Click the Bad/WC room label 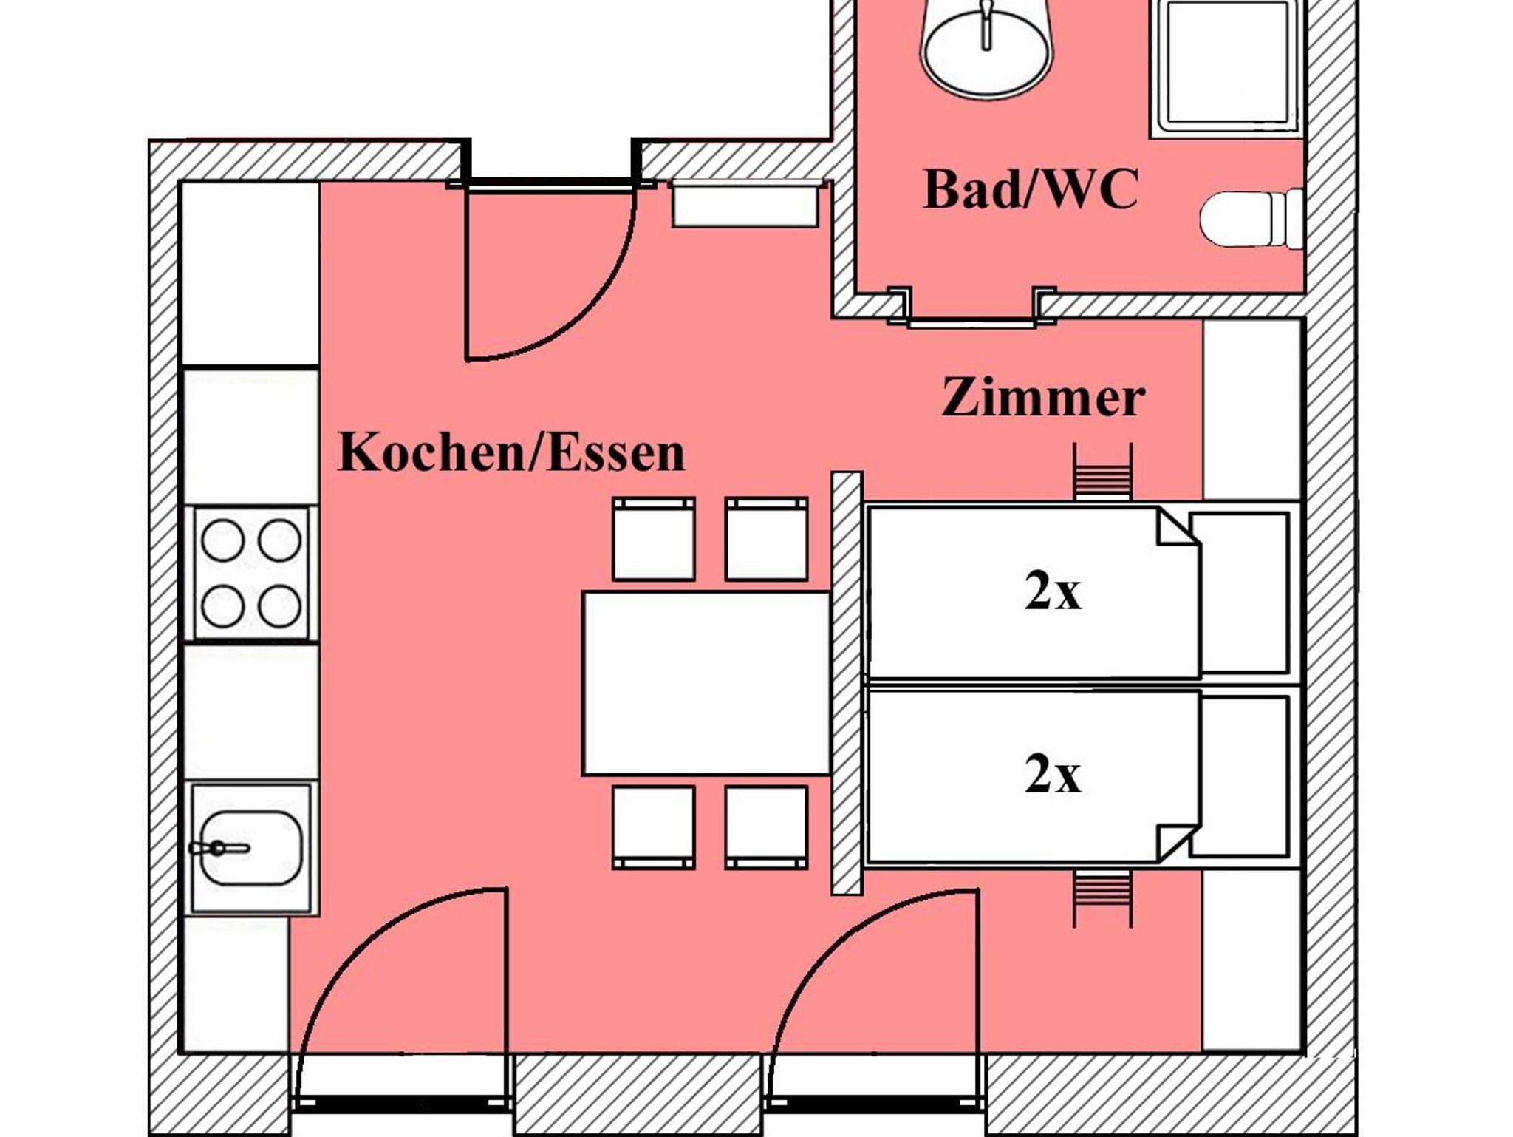(x=1031, y=190)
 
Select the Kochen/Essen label (x=511, y=452)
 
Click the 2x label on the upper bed (x=1053, y=592)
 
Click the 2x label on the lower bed (x=1053, y=775)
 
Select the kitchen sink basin (x=252, y=848)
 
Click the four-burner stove (x=251, y=573)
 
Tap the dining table (x=707, y=683)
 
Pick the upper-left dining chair (x=654, y=539)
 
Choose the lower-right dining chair (x=766, y=827)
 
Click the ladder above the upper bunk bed (x=1102, y=472)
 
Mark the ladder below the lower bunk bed (x=1102, y=898)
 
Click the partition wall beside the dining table (x=847, y=683)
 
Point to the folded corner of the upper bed (x=1176, y=528)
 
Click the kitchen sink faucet (x=218, y=848)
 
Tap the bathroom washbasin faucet (x=986, y=26)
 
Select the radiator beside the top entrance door (x=745, y=204)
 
